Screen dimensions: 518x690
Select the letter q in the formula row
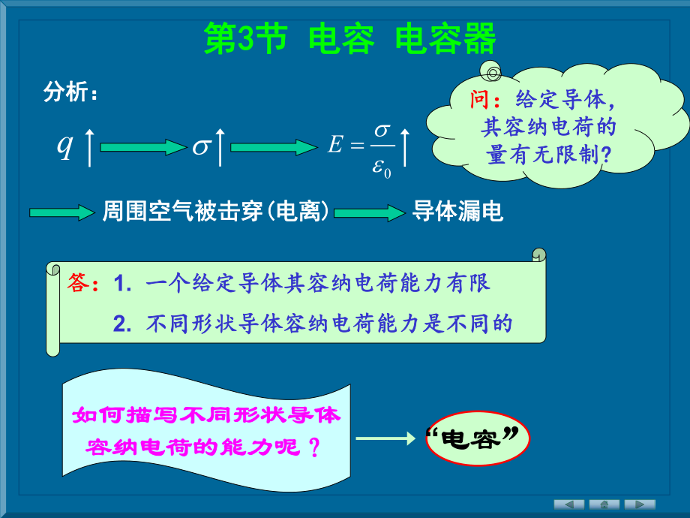65,146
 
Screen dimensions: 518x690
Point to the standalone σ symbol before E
200,147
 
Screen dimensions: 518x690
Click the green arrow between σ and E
274,147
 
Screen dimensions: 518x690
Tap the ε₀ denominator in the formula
382,166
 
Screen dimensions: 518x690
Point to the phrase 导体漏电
457,212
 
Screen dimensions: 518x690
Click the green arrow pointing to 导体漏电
369,213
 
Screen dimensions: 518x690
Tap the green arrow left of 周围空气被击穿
60,213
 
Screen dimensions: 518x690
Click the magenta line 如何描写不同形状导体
205,414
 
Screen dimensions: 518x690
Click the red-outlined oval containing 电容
472,438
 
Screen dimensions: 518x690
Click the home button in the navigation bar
604,504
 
